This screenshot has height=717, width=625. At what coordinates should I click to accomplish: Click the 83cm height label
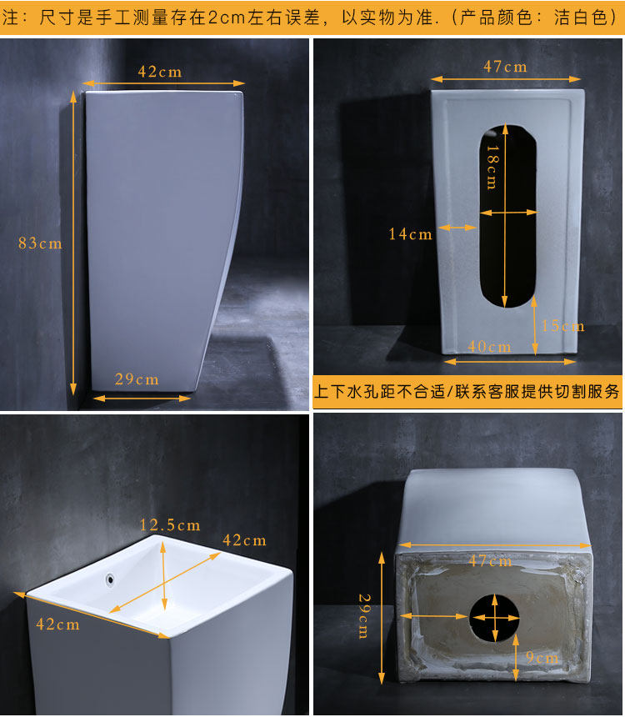pos(40,243)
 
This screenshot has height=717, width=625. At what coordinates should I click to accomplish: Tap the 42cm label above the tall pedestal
pos(160,72)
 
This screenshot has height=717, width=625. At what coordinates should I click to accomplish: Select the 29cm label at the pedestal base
pos(137,379)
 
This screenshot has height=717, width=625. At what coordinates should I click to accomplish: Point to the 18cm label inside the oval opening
pos(492,167)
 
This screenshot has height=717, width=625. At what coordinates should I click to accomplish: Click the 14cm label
pos(410,234)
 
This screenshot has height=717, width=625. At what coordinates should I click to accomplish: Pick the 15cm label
pos(562,326)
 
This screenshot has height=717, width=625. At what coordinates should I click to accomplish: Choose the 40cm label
pos(489,346)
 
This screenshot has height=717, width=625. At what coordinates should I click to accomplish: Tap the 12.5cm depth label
pos(170,524)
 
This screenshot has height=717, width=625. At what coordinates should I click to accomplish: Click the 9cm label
pos(542,657)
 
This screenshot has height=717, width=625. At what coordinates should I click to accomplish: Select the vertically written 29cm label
pos(364,616)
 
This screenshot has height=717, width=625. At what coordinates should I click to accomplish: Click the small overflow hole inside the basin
pos(110,579)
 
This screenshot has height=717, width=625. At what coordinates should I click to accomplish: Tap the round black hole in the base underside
pos(495,617)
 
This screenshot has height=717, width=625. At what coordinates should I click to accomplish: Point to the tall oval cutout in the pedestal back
pos(507,216)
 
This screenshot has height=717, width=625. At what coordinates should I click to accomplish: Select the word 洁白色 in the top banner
pos(581,18)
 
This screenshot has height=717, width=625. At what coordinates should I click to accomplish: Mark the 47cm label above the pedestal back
pos(505,67)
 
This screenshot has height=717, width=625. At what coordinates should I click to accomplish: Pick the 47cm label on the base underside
pos(490,560)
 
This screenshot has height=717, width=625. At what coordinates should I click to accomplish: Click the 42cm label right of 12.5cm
pos(244,540)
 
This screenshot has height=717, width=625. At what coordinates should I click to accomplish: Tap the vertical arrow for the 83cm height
pos(73,243)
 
